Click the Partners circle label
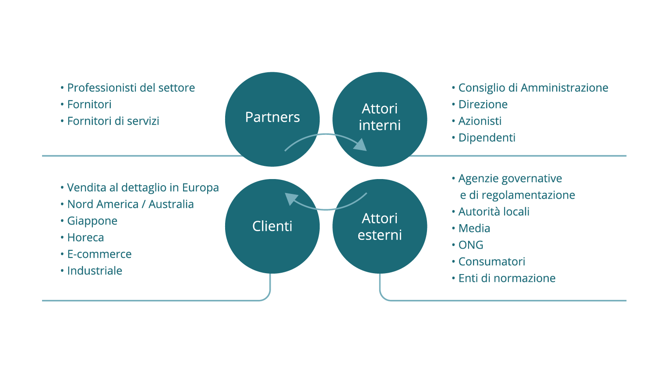coord(272,117)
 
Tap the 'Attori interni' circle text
coord(380,117)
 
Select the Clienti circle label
coord(272,226)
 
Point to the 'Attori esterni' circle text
coord(380,226)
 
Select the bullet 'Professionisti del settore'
coord(131,88)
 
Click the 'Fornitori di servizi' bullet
coord(113,121)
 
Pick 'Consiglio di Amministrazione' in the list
coord(533,88)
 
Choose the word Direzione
coord(483,105)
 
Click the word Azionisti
coord(480,121)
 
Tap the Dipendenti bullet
coord(487,138)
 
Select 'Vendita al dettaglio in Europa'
coord(143,188)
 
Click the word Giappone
coord(92,221)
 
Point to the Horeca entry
coord(85,238)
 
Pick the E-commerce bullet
coord(99,254)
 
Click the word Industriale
coord(95,271)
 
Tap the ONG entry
coord(471,245)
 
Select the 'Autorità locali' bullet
coord(494,211)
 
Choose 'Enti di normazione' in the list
coord(507,278)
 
